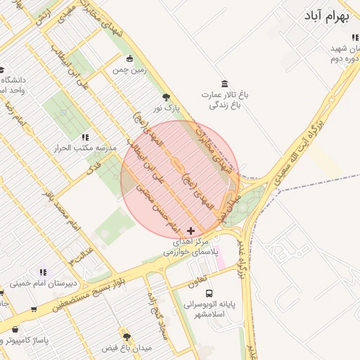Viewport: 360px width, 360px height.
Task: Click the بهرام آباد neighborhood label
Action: pos(328,16)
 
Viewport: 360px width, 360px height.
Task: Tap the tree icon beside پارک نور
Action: pos(166,98)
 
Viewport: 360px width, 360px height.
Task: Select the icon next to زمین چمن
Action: pos(129,59)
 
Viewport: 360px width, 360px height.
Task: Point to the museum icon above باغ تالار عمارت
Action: pos(224,84)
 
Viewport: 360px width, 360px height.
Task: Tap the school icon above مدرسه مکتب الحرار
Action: pos(85,138)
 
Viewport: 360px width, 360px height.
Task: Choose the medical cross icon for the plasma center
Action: pos(192,231)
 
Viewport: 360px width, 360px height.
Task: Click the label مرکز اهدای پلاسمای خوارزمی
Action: pos(191,246)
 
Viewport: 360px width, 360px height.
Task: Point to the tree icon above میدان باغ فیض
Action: pos(127,337)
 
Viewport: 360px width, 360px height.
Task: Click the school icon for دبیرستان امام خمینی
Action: pos(43,272)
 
